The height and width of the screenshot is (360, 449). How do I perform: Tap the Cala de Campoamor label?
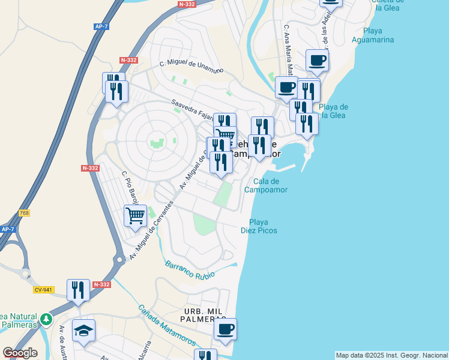click(x=267, y=185)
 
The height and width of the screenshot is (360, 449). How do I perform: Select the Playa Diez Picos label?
click(x=259, y=226)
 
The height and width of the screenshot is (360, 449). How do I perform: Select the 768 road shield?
click(x=24, y=213)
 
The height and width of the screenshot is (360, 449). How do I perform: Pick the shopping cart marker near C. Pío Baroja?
click(x=136, y=215)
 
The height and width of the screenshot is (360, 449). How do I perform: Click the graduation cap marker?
click(x=83, y=329)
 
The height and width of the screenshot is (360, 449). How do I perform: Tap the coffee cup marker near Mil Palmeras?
click(x=225, y=329)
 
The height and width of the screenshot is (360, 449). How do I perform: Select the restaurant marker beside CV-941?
click(x=78, y=290)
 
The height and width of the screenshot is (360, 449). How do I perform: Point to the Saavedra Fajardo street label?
click(x=193, y=110)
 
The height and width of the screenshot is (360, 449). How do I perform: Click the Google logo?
click(x=20, y=353)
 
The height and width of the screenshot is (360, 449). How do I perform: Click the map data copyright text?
click(x=391, y=355)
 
